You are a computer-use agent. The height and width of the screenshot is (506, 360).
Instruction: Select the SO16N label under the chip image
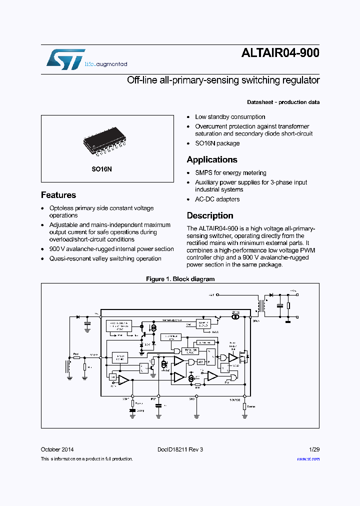coord(101,169)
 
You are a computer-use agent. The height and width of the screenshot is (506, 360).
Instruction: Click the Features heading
coord(58,195)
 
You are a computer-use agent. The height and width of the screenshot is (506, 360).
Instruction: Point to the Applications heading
coord(212,159)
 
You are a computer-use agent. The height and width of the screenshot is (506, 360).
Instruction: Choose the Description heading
coord(210,215)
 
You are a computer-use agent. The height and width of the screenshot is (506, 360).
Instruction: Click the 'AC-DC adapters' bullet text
coord(217,199)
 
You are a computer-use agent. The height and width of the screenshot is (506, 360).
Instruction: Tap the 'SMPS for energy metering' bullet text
coord(230,172)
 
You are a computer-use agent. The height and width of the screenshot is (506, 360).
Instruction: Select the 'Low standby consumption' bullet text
coord(230,116)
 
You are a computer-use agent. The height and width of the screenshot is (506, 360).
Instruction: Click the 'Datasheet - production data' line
coord(283,102)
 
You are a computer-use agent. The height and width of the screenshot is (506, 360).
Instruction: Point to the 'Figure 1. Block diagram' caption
coord(180,279)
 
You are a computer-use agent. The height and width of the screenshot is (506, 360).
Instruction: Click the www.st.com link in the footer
coord(308,458)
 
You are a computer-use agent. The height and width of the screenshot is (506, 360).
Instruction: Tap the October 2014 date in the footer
coord(57,449)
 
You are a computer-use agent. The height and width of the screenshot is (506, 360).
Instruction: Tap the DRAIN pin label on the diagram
coord(255,321)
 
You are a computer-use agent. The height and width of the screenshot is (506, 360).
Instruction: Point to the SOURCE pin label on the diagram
coord(235,399)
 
